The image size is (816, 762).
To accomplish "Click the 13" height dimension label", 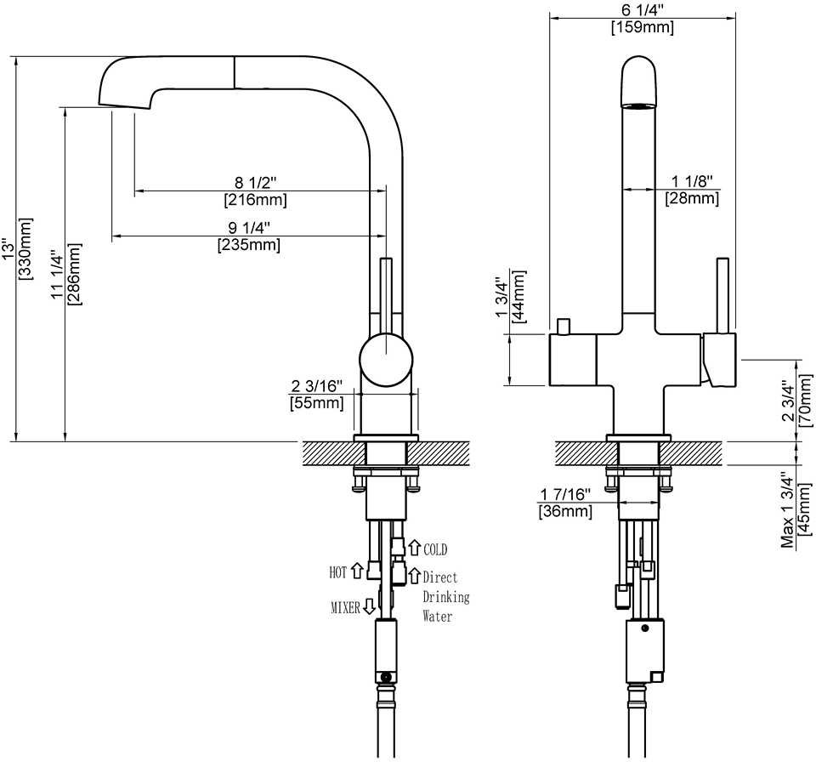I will click(8, 247).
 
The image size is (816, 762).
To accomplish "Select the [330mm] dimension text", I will click(25, 247).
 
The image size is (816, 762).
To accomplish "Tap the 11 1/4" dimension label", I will click(57, 275).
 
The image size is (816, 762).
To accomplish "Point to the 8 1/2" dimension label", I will click(256, 183).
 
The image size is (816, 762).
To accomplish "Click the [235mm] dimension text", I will click(249, 245).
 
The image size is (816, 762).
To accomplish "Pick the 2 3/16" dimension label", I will click(317, 385).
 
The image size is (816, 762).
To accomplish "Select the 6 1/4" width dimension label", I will click(642, 11).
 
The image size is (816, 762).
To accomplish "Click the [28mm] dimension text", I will click(691, 199).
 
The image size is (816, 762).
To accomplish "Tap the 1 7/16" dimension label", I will click(565, 495).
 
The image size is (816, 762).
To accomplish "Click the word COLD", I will click(435, 550).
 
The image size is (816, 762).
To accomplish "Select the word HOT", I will click(337, 572).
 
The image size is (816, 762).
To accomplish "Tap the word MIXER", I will click(345, 607).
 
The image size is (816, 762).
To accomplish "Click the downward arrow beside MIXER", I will click(369, 606).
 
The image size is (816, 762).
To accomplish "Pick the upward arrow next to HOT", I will click(357, 571).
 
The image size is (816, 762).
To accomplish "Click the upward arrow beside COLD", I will click(416, 549).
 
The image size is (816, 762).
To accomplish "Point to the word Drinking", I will click(446, 596).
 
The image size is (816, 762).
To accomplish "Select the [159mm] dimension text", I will click(642, 28).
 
